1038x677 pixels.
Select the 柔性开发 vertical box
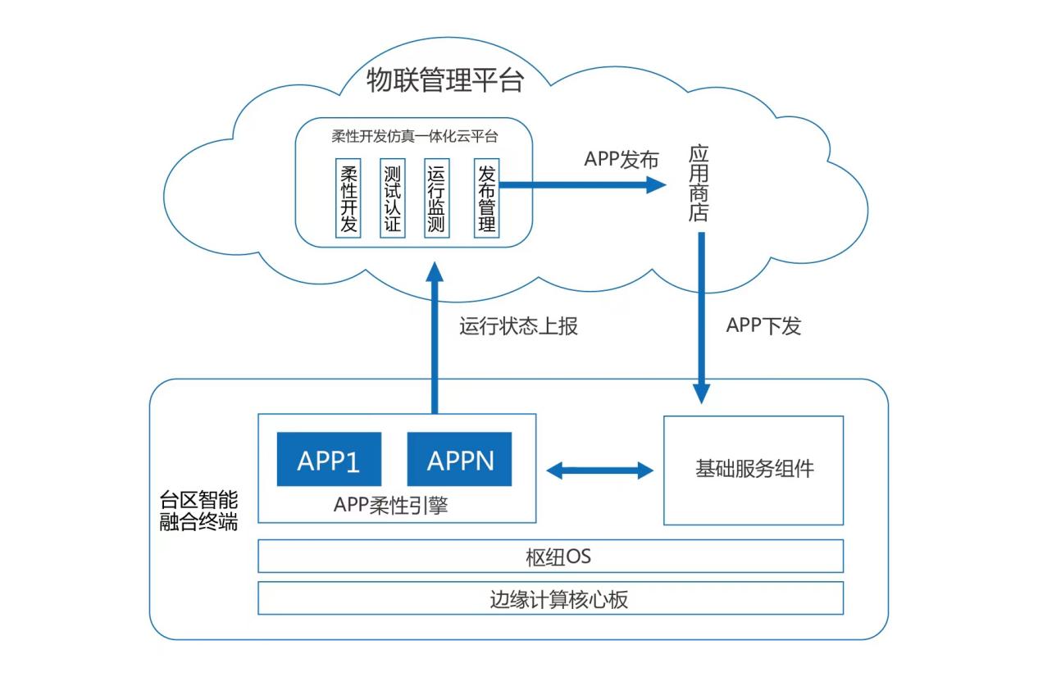pos(348,198)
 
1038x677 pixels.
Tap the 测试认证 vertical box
pos(393,198)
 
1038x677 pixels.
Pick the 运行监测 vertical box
pos(436,198)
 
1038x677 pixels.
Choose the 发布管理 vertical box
pos(486,198)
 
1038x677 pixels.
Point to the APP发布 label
pos(621,160)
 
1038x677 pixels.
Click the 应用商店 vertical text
pos(698,184)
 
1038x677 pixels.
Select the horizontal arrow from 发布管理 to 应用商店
pos(582,184)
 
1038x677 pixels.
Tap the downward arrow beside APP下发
pos(701,316)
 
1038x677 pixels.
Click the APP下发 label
pos(763,325)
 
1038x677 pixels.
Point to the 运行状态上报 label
pos(518,325)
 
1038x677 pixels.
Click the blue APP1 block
pos(328,460)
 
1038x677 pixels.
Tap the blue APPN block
pos(460,460)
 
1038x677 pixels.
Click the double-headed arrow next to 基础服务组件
pos(599,470)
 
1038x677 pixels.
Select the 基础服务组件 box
pos(753,470)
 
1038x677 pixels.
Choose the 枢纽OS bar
pos(551,557)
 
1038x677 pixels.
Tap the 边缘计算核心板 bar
pos(551,598)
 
